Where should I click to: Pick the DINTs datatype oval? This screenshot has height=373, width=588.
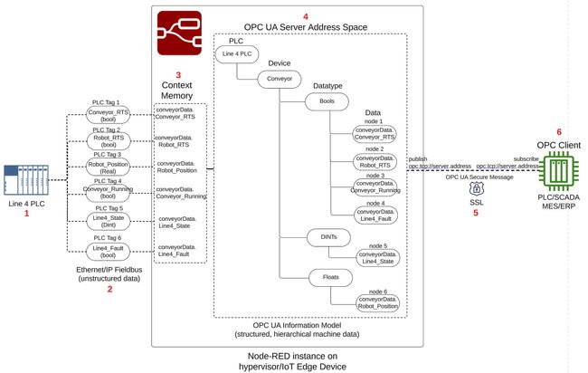[x=327, y=237]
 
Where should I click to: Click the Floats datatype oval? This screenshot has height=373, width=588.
[x=327, y=275]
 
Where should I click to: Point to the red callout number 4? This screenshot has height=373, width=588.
[x=305, y=16]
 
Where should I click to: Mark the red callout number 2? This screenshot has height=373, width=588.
[x=109, y=289]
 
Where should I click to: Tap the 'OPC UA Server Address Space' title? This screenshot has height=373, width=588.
[x=307, y=28]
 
